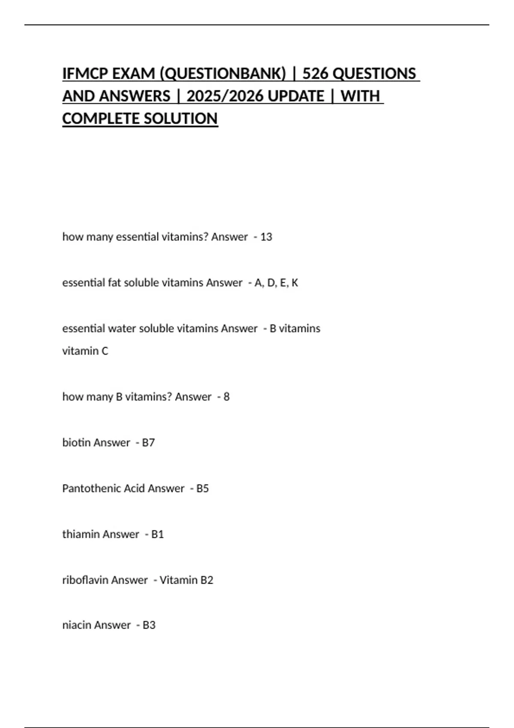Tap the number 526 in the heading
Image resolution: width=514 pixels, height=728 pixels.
315,74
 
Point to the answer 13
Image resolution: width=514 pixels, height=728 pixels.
266,237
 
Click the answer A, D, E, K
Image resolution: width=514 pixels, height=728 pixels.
276,283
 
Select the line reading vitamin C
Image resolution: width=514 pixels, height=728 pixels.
85,351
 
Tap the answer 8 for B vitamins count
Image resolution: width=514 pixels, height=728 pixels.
227,397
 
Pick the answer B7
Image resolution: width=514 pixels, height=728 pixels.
148,443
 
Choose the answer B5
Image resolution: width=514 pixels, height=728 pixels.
203,489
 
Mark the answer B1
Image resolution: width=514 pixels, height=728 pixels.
158,534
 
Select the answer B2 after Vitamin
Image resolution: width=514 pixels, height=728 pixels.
207,580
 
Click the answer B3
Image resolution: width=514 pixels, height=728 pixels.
149,626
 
